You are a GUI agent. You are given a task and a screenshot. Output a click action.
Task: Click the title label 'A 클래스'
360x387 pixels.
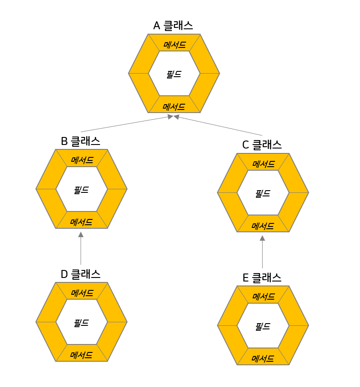click(x=173, y=26)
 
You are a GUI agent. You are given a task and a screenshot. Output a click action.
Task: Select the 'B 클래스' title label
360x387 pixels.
click(x=81, y=141)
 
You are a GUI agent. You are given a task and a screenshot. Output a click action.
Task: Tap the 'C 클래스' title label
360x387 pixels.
click(x=262, y=145)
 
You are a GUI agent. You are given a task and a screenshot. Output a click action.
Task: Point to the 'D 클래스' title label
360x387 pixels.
click(x=81, y=274)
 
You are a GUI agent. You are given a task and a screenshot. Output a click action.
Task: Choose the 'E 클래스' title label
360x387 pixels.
click(x=262, y=278)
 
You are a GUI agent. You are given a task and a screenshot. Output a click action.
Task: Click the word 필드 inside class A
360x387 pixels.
click(x=174, y=74)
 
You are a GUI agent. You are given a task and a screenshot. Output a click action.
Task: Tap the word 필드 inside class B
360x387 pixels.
click(x=81, y=190)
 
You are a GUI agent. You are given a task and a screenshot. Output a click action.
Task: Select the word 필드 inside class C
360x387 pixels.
click(x=263, y=194)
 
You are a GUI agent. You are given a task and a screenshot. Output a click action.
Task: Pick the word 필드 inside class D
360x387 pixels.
click(x=81, y=323)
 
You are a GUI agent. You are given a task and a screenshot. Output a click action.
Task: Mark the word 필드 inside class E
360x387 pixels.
click(x=263, y=327)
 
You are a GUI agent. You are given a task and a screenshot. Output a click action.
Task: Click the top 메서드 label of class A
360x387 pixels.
click(x=174, y=45)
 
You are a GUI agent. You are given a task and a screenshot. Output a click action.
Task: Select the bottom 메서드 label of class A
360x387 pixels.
click(x=174, y=107)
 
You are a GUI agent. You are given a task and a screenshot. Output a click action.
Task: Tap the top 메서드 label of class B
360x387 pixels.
click(x=82, y=160)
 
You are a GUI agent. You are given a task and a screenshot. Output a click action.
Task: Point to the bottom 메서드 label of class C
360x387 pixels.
click(x=263, y=226)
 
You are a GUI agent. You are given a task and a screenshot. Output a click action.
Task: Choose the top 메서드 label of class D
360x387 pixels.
click(x=82, y=293)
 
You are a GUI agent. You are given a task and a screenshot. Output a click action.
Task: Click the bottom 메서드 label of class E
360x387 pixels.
click(x=263, y=358)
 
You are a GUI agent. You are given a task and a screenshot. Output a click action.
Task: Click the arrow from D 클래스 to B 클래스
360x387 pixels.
click(x=81, y=248)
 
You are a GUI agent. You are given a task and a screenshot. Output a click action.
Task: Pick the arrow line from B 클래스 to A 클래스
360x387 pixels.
click(x=126, y=124)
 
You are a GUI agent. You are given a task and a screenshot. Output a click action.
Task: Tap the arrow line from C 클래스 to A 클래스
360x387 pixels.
click(x=219, y=126)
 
